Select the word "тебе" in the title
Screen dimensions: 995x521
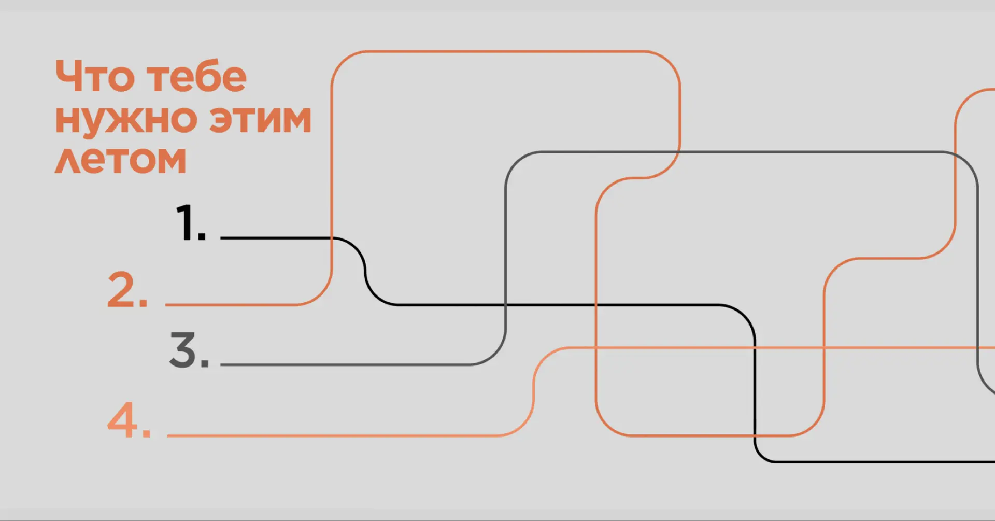(197, 76)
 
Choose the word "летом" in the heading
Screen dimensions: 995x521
(120, 159)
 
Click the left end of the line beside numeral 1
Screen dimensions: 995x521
(221, 238)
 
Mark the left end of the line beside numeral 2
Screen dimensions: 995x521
(166, 304)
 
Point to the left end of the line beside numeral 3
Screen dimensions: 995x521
(221, 364)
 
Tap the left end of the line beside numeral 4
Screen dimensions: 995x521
(168, 435)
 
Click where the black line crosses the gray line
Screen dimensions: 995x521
(506, 305)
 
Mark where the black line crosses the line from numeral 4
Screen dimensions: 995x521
(755, 347)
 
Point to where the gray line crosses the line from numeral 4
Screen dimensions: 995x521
(977, 347)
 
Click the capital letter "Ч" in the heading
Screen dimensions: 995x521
(69, 76)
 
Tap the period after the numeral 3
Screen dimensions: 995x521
(205, 363)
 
